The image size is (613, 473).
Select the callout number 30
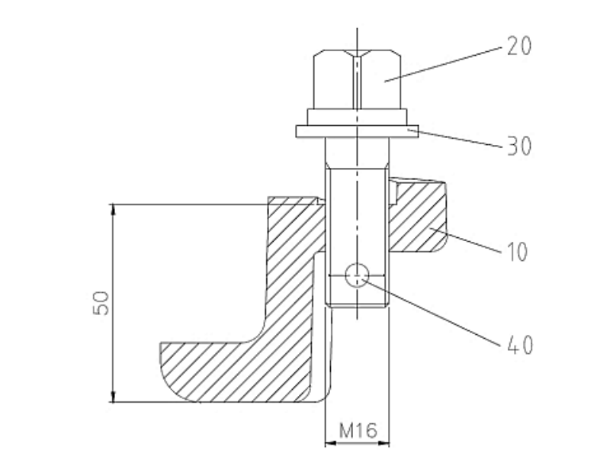tap(519, 146)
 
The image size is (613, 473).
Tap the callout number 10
tap(517, 251)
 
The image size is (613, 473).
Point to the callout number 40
tap(520, 345)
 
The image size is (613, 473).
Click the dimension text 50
tap(101, 303)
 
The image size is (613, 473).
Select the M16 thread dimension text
tap(358, 430)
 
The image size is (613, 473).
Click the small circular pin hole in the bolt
tap(357, 275)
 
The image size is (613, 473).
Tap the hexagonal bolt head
tap(358, 79)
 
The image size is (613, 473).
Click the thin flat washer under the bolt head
tap(358, 131)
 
